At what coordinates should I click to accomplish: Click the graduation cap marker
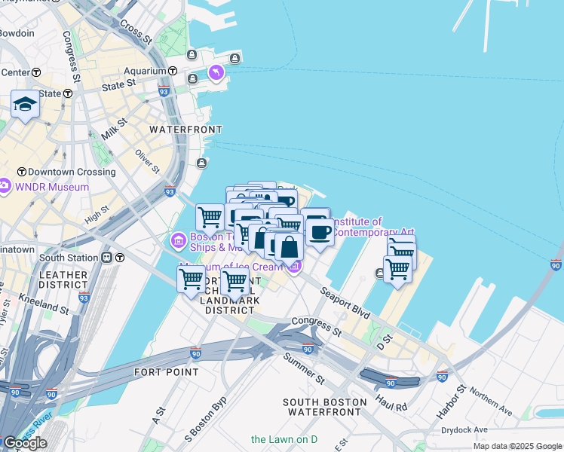coord(25,105)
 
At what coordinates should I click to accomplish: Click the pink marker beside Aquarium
coord(216,72)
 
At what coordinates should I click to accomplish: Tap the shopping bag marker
coord(289,246)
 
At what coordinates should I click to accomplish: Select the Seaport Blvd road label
coord(345,301)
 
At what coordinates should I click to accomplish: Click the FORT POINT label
coord(166,372)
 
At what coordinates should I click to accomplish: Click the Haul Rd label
coord(392,402)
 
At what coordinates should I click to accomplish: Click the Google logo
coord(24,443)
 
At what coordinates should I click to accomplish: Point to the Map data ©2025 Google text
coord(516,446)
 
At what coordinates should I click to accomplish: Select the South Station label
coord(69,257)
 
